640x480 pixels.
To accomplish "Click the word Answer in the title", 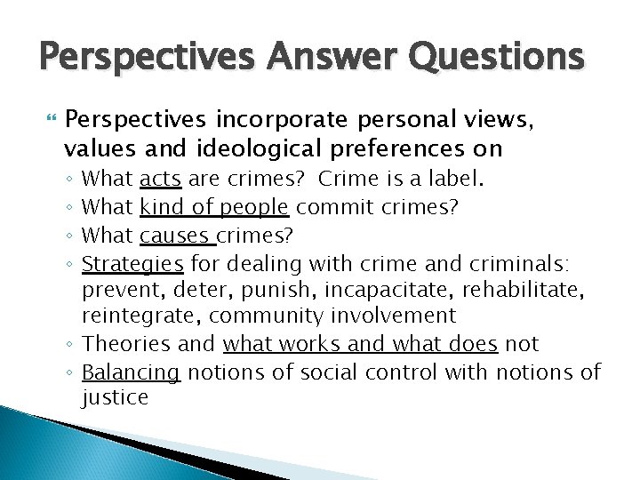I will pos(310,59).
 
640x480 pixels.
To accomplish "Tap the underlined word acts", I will pos(161,180).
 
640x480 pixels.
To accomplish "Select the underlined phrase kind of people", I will pos(214,207).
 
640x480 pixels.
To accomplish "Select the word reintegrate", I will pos(132,316).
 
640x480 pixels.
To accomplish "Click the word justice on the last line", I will pos(116,397).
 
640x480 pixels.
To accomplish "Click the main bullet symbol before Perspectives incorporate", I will pos(49,119).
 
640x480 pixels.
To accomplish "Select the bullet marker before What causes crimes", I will pos(70,236).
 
